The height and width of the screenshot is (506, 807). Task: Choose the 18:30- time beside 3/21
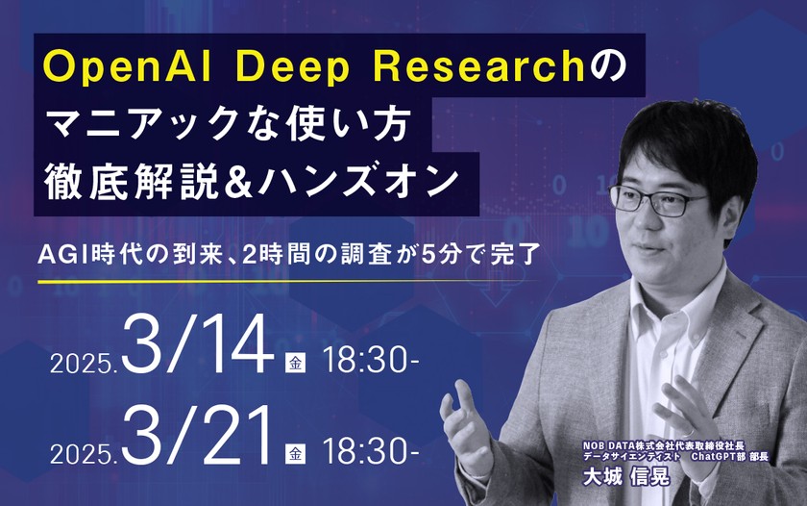tap(370, 450)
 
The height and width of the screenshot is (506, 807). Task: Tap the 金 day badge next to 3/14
tap(294, 363)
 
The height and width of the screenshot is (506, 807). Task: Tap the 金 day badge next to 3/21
tap(294, 450)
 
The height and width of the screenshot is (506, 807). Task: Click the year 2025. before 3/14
tap(82, 367)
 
